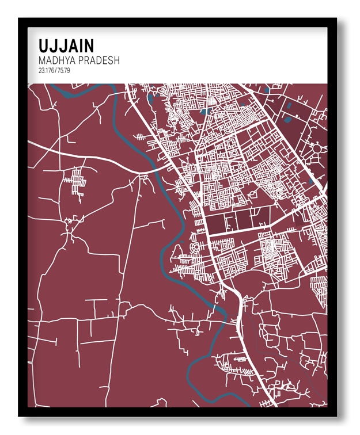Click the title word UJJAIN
(x=66, y=45)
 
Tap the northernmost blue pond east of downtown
(x=267, y=90)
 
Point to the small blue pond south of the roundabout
(x=311, y=181)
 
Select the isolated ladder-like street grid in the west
(x=75, y=183)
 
